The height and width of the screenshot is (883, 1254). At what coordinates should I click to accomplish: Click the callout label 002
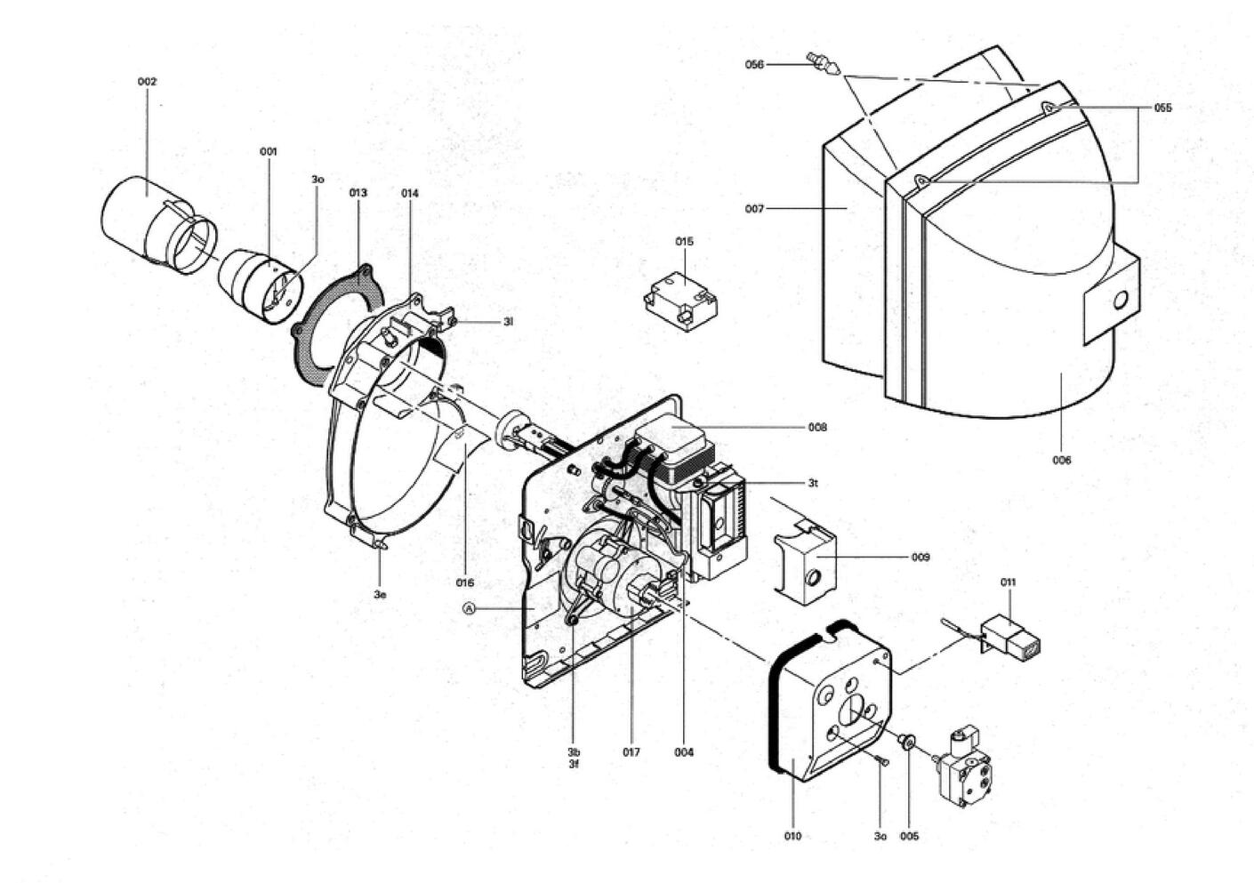[x=148, y=82]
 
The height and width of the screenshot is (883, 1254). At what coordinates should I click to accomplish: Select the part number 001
[x=269, y=152]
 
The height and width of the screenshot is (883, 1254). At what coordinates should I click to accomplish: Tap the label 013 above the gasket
[x=358, y=193]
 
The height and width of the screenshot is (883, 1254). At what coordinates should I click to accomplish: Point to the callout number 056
[x=754, y=65]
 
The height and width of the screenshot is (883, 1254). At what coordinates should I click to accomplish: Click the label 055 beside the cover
[x=1162, y=108]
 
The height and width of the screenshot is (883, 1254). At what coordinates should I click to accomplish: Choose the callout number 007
[x=754, y=209]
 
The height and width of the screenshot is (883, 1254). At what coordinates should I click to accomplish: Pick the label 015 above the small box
[x=684, y=242]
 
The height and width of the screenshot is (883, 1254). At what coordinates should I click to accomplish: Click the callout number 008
[x=817, y=428]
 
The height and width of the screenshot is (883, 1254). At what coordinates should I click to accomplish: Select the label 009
[x=920, y=558]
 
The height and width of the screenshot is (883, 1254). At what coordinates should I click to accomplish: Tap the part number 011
[x=1008, y=582]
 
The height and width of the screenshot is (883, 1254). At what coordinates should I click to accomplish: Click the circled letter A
[x=469, y=607]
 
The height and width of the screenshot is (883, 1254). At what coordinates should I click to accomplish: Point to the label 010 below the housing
[x=792, y=836]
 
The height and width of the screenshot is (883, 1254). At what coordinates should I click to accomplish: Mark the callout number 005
[x=909, y=836]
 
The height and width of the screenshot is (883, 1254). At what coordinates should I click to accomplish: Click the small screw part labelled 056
[x=823, y=64]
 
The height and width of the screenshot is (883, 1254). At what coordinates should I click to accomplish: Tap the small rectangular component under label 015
[x=681, y=301]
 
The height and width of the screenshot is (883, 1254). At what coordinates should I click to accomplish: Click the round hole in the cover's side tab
[x=1121, y=301]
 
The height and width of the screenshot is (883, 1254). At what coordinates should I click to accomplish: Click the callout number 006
[x=1061, y=461]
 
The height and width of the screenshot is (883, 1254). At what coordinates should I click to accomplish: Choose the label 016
[x=464, y=583]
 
